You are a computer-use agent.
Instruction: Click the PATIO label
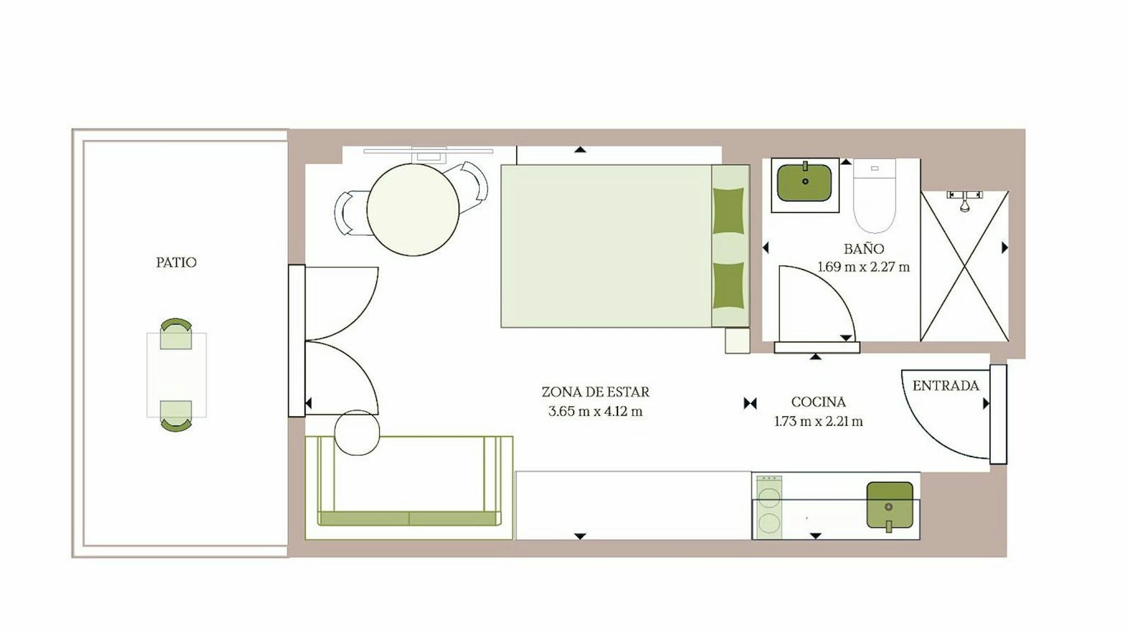176,262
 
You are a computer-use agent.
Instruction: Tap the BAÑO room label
864,249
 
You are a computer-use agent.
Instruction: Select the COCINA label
818,402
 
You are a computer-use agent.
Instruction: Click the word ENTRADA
946,386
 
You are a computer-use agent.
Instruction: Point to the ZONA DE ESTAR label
595,392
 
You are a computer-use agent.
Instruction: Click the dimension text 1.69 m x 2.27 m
864,267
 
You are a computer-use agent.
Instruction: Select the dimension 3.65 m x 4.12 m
595,411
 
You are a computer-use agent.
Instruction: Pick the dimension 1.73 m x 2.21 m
819,422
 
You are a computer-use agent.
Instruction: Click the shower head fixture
964,201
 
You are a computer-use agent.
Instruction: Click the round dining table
413,210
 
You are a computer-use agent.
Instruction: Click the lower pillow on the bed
728,285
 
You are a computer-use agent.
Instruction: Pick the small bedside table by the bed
737,340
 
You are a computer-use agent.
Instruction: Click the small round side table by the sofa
357,432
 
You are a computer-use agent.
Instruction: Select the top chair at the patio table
176,333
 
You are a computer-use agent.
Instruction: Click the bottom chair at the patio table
176,416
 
